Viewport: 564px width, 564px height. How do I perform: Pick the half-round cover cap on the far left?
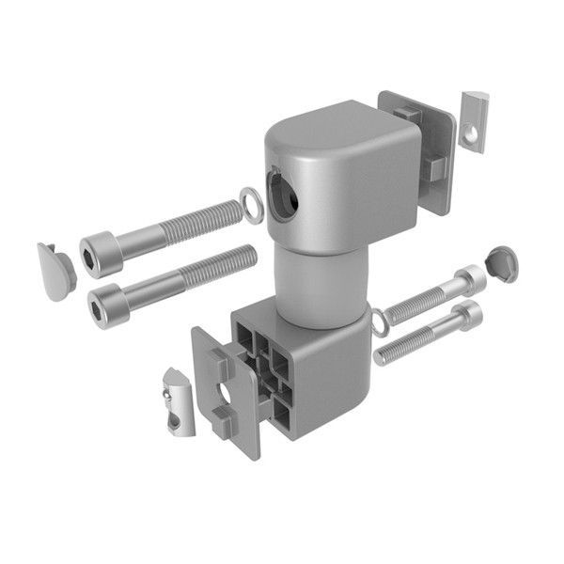(x=55, y=271)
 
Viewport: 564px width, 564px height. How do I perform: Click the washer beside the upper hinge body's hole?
(x=251, y=204)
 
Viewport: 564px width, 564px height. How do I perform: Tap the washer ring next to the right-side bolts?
(x=379, y=323)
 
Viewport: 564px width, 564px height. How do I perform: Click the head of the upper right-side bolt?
(x=471, y=278)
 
